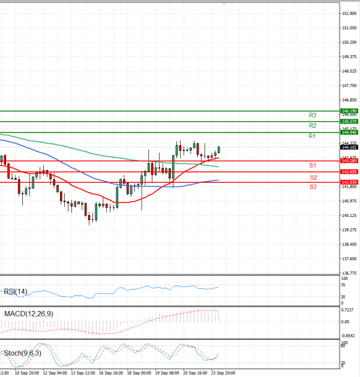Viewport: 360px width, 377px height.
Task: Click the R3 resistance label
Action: coord(313,114)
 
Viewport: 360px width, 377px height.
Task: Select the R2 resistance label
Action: coord(313,125)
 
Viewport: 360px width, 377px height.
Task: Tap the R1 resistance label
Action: coord(313,137)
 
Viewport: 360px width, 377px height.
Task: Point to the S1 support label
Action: coord(313,165)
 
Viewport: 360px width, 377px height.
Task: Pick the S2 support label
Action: coord(313,177)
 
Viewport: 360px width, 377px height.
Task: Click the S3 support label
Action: coord(313,187)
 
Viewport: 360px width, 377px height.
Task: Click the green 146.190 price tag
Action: coord(349,111)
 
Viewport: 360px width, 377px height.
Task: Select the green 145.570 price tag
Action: coord(349,121)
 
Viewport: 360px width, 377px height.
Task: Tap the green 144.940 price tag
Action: coord(349,132)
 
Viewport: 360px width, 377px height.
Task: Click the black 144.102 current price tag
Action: coord(349,147)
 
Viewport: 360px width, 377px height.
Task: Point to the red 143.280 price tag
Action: coord(349,161)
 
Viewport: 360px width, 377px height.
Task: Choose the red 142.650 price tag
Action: coord(349,171)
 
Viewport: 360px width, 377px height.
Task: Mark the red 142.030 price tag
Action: coord(349,182)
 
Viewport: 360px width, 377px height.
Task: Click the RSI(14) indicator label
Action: coord(16,291)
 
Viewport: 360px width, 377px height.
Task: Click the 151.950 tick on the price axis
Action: coord(349,13)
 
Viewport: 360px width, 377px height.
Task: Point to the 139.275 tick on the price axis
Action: coord(349,230)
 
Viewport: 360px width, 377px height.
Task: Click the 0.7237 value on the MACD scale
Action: coord(348,309)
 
